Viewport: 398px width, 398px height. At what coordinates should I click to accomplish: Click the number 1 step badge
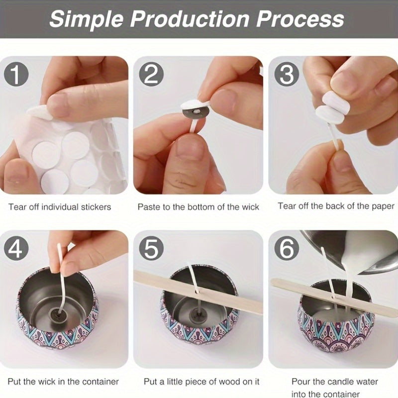(16, 74)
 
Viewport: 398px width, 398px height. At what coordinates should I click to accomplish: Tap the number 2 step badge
(151, 74)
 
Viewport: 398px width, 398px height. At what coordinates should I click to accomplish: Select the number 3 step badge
(287, 74)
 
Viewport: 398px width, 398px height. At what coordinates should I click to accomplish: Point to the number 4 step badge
(16, 248)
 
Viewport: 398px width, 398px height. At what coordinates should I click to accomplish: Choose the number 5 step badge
(151, 248)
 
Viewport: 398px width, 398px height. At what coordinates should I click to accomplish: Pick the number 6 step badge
(287, 248)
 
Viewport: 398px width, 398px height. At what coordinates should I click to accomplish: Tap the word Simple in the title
(86, 20)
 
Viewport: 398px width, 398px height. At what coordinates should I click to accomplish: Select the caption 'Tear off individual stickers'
(60, 207)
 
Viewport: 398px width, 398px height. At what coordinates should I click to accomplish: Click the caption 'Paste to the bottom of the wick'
(198, 207)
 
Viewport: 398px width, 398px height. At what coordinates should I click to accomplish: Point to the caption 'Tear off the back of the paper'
(336, 206)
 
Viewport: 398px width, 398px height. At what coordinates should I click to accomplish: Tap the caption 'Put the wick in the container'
(63, 382)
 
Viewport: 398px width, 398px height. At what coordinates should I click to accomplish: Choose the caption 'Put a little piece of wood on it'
(201, 382)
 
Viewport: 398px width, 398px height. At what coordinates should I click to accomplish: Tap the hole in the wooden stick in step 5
(197, 292)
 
